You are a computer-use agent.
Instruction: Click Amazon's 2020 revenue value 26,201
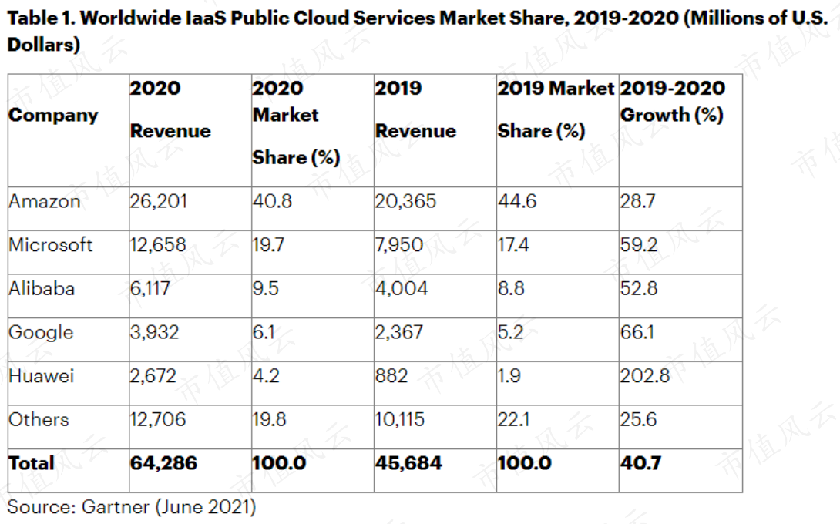159,201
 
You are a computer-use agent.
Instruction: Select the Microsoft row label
50,245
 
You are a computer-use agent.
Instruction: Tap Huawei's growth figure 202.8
645,375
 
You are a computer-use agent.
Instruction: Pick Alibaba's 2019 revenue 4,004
402,289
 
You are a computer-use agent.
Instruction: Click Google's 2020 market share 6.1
264,332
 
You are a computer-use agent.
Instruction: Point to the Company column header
54,116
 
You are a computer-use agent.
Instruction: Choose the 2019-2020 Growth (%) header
672,101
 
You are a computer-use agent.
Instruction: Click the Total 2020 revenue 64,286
163,463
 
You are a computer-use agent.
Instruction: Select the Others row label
39,419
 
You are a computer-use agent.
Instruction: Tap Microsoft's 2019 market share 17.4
513,245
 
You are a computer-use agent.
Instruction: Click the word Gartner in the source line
115,507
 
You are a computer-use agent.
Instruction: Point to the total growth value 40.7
640,463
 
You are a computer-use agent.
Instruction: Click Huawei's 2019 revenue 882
391,375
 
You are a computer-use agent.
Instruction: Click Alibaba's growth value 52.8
639,289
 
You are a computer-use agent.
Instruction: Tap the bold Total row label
32,463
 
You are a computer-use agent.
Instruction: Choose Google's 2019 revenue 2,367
399,332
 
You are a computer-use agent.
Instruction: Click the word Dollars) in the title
44,45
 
